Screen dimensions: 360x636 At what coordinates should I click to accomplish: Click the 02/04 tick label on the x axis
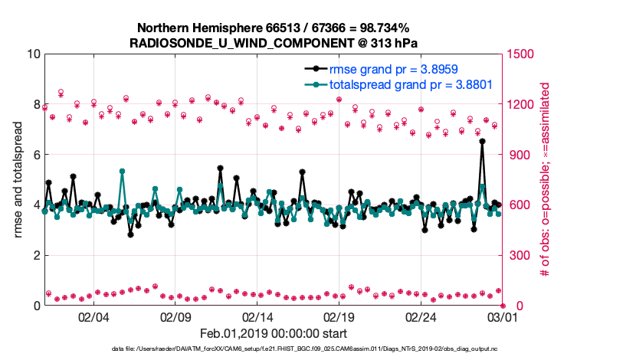click(x=93, y=317)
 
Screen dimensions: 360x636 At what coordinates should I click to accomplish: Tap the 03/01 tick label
click(x=503, y=317)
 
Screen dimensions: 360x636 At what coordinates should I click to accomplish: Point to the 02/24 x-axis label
click(x=421, y=317)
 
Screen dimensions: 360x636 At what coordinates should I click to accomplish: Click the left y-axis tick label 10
click(x=33, y=54)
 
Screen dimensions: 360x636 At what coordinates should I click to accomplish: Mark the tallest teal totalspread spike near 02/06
click(x=123, y=172)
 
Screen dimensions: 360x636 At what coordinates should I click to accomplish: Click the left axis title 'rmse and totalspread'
click(x=18, y=181)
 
